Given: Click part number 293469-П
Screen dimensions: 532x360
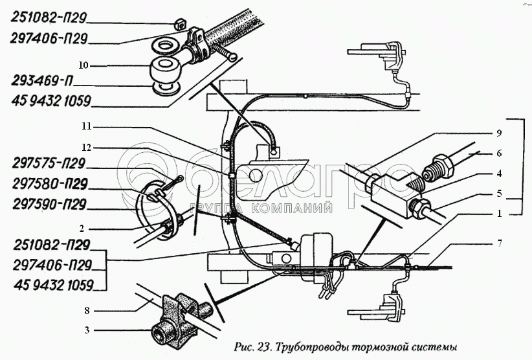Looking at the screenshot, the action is (x=42, y=81).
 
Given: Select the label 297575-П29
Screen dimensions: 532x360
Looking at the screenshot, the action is (x=48, y=164).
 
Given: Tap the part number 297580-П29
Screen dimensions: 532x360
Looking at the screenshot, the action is (x=50, y=184).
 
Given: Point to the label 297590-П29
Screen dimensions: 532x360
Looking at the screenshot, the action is (x=50, y=205).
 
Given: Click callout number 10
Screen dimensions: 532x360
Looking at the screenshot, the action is (x=83, y=65).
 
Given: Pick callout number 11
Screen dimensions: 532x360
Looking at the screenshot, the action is (x=87, y=126).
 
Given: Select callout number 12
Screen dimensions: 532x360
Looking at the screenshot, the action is (x=87, y=148).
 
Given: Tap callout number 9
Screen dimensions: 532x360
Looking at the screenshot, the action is (x=499, y=133).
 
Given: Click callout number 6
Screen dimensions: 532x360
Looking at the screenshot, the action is (x=499, y=153).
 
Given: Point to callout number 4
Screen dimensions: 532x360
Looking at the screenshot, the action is (x=499, y=174).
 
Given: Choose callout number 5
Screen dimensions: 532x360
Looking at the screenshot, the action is (x=499, y=194).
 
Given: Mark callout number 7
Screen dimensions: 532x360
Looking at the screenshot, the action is (x=500, y=243).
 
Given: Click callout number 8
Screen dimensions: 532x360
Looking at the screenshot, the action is (x=87, y=310).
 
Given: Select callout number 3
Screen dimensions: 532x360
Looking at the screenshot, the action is (x=87, y=330).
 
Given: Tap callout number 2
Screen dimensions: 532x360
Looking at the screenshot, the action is (x=82, y=229).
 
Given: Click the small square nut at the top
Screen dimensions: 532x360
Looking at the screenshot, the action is (x=179, y=24).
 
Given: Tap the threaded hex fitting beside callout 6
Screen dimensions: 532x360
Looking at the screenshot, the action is (x=437, y=167).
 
